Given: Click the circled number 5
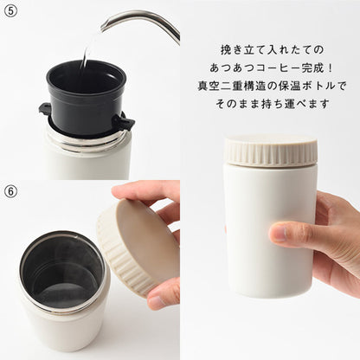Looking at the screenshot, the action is tap(10, 10).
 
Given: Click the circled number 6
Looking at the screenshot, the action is tap(10, 191).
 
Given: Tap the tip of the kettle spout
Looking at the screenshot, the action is tap(103, 28).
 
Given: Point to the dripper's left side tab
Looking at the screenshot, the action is tap(45, 109).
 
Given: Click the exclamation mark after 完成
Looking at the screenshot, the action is tap(331, 68).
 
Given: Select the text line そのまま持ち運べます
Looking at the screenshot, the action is tap(273, 104).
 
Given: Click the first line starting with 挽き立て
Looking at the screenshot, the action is tap(273, 50).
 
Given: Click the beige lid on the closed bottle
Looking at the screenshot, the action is tap(271, 151).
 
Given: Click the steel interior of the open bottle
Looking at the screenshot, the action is tap(62, 273).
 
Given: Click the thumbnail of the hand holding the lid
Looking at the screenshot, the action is tap(157, 301).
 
